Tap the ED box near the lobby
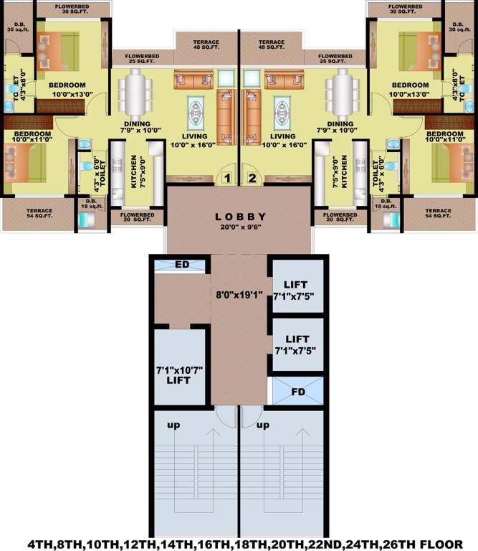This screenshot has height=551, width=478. click(x=181, y=265)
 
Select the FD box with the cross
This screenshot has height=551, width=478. click(x=297, y=391)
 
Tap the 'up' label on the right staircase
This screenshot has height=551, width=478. click(x=262, y=425)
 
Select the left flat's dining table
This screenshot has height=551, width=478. click(x=135, y=91)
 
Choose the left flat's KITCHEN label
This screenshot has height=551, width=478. click(x=135, y=171)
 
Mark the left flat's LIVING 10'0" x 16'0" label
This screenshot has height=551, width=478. click(x=194, y=140)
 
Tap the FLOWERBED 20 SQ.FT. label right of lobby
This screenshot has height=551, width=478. click(x=340, y=218)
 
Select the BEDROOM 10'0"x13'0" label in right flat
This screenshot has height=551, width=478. click(x=410, y=89)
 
